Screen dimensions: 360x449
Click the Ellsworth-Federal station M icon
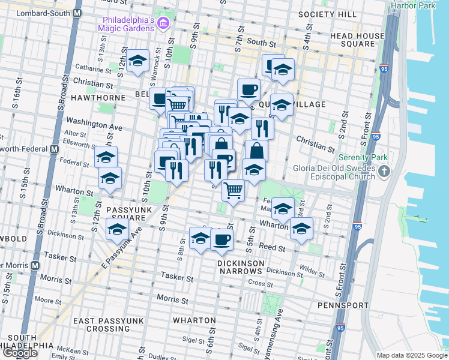point(54,148)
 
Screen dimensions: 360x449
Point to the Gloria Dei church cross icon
point(385,173)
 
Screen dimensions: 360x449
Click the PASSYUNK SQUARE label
point(131,214)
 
